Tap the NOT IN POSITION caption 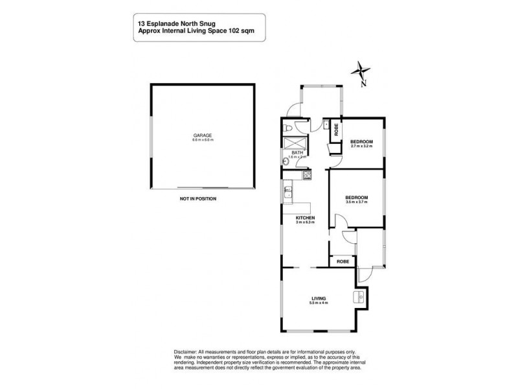(x=198, y=199)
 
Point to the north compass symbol (x=363, y=71)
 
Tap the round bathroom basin (x=286, y=161)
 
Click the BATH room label (x=296, y=153)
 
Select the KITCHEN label (x=305, y=218)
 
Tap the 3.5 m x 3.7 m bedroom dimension (x=356, y=202)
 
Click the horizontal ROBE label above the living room (x=343, y=261)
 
